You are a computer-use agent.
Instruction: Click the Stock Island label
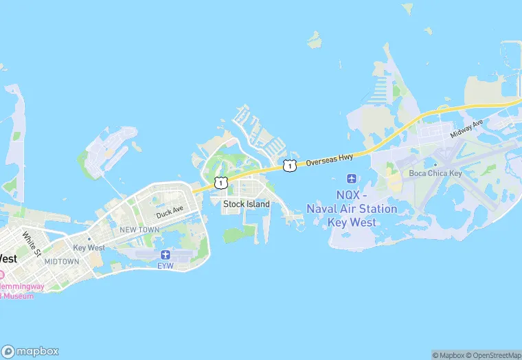[247, 204]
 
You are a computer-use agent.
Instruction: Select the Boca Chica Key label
[436, 173]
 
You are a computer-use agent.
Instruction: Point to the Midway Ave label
[467, 128]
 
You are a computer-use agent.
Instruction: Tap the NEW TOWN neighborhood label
[139, 229]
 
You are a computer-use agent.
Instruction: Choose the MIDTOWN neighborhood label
[62, 262]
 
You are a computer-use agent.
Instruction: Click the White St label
[32, 240]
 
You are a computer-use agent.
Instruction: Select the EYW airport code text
[166, 265]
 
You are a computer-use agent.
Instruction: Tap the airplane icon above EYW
[166, 254]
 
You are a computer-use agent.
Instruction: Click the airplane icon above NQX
[352, 179]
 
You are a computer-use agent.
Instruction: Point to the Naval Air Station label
[352, 209]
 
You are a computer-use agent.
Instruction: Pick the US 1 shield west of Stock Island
[220, 182]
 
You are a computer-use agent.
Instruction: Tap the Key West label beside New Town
[89, 247]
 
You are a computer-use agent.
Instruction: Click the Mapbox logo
[30, 350]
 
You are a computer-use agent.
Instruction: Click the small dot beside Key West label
[89, 239]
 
